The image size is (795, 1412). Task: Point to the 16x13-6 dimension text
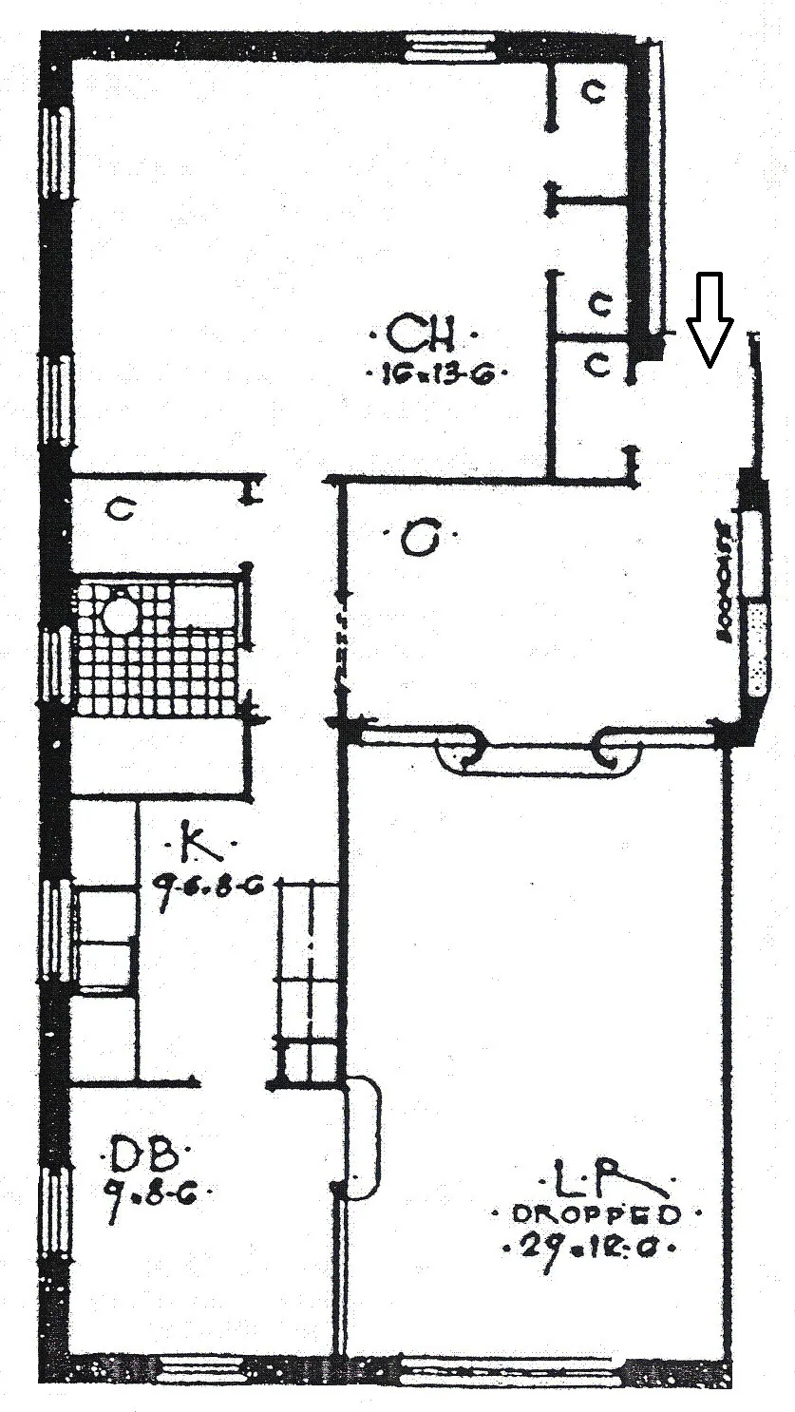(436, 374)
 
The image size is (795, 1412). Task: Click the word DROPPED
(596, 1214)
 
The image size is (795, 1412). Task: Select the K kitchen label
(197, 842)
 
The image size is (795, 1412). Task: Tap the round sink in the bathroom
(121, 613)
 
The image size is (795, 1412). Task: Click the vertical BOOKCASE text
(725, 582)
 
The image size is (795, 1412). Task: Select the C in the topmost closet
(594, 92)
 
